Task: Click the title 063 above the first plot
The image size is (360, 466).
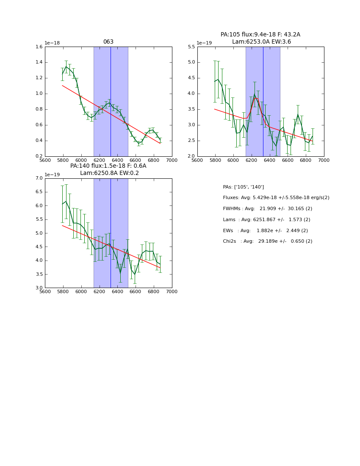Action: (x=108, y=42)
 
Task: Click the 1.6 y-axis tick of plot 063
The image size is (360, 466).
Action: (x=39, y=47)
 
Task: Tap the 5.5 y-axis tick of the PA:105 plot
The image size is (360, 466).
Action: (x=191, y=47)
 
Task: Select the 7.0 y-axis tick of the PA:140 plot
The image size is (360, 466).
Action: (x=39, y=178)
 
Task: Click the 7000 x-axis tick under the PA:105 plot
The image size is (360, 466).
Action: (x=324, y=160)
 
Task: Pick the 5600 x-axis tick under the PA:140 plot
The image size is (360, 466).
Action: (x=45, y=291)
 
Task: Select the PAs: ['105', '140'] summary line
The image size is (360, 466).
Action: (x=244, y=187)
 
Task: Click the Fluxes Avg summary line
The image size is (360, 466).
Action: (x=276, y=198)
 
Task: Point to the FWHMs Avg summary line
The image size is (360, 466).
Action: (x=268, y=209)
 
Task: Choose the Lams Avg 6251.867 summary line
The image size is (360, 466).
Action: (x=267, y=219)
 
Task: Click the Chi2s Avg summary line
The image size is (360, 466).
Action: (x=268, y=241)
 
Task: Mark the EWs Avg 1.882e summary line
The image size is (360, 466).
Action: (x=266, y=230)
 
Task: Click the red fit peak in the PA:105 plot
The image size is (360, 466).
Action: (x=255, y=98)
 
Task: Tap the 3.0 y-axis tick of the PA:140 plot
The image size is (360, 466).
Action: (x=39, y=288)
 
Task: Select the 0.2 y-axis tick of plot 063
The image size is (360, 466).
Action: (x=39, y=156)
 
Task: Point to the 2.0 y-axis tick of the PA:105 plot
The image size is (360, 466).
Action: (x=191, y=156)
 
